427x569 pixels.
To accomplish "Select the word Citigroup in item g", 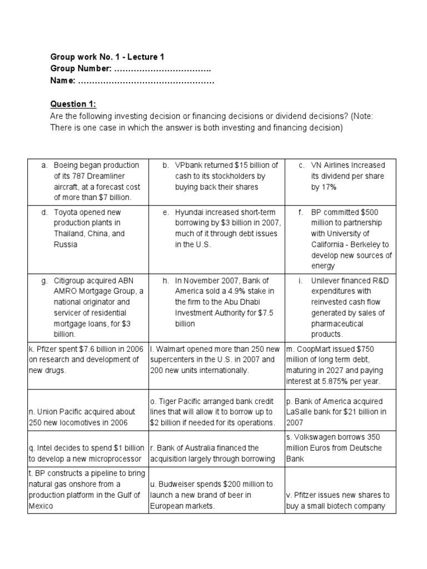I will [72, 281].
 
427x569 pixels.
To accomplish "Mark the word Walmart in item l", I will [171, 349].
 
